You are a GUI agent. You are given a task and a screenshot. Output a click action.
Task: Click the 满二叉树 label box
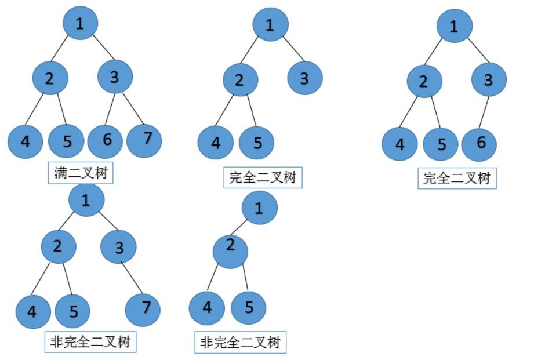80,173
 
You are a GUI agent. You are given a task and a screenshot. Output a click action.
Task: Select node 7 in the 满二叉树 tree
144,139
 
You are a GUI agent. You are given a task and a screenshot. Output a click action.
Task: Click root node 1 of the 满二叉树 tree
80,23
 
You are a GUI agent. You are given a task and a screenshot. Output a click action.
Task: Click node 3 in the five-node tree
304,78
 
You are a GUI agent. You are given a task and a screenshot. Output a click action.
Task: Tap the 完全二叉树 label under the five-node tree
263,177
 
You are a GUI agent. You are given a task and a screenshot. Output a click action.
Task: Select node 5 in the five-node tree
256,142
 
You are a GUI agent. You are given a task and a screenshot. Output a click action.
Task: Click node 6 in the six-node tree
479,143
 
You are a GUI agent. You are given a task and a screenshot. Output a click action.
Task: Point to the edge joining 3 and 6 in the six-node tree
484,111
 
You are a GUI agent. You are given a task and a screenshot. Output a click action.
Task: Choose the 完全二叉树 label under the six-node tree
457,178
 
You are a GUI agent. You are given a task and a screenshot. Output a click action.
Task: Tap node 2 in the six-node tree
423,82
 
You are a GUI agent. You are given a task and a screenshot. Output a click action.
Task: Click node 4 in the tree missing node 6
32,312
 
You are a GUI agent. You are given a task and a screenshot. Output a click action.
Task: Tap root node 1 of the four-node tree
259,208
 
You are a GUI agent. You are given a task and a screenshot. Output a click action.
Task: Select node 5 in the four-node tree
248,307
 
